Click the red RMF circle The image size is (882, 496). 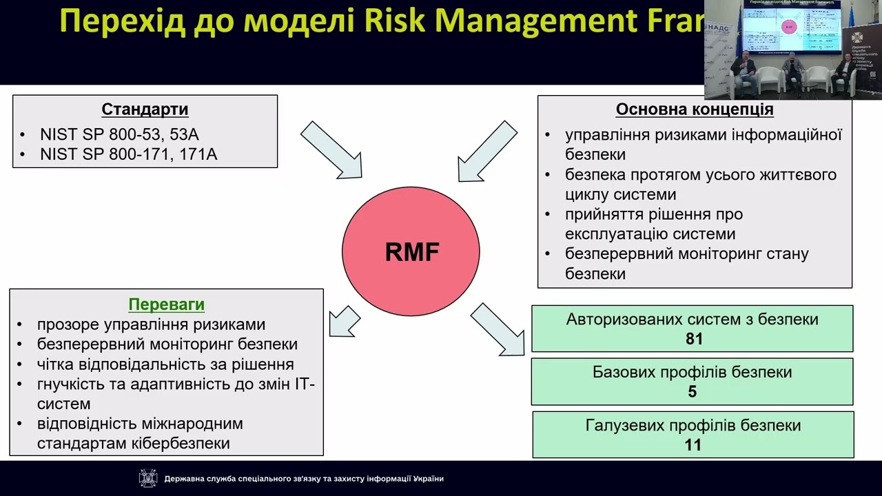pos(411,251)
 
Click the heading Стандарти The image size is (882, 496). pos(145,110)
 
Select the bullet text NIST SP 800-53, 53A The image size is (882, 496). pos(119,134)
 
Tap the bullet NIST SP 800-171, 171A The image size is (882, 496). pos(128,154)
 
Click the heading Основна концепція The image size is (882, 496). pos(694,110)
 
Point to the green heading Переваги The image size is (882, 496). pos(166,304)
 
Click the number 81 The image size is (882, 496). pos(693,339)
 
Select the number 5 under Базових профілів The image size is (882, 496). pos(692,391)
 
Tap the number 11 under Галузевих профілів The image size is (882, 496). pos(693,444)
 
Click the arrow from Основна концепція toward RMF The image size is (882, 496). pos(487,152)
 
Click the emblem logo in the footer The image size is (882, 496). pos(148,478)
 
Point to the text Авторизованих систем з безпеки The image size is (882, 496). pos(692,319)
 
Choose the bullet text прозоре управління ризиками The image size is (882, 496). pos(151,324)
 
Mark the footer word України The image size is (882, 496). pos(429,479)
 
